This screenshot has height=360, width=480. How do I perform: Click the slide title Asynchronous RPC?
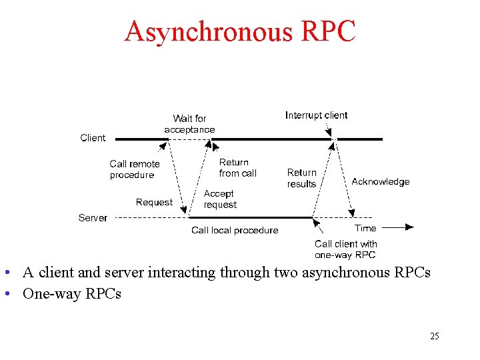click(x=240, y=31)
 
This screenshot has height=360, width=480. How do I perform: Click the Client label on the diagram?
click(x=93, y=138)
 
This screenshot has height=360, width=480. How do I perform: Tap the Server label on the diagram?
click(x=93, y=218)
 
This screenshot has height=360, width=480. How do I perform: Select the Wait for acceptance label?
click(x=189, y=124)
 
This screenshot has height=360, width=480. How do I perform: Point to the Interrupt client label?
click(x=316, y=115)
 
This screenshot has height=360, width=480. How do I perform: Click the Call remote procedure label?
click(x=135, y=169)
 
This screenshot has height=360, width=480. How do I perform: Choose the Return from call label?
click(x=237, y=167)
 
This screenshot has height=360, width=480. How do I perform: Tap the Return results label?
click(x=301, y=178)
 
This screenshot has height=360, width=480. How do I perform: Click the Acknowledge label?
click(x=380, y=181)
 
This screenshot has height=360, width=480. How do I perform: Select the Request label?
click(x=154, y=202)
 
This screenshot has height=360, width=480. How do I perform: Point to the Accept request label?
click(x=220, y=199)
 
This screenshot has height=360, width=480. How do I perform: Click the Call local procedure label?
click(x=235, y=230)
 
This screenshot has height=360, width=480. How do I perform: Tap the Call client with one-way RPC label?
click(x=345, y=249)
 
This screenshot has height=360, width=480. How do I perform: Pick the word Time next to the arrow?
click(x=365, y=228)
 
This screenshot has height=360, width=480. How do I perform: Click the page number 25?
click(x=434, y=336)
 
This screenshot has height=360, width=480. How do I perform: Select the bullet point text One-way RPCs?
click(x=72, y=293)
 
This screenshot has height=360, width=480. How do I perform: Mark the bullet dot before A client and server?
click(x=6, y=273)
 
